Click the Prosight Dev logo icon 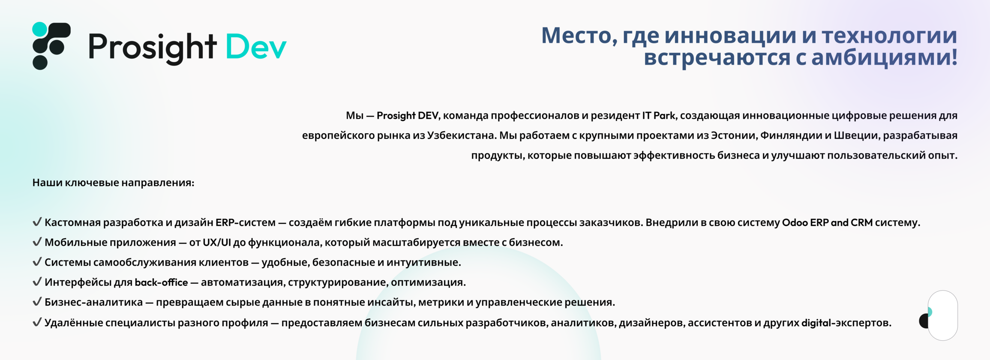[51, 46]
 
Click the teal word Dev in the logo [256, 46]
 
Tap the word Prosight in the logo [152, 48]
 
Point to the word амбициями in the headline [885, 57]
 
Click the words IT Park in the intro [658, 116]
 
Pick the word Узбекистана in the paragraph [462, 135]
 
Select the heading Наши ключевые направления [114, 183]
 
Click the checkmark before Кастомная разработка [37, 222]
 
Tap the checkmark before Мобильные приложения [37, 242]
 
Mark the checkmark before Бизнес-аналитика [37, 301]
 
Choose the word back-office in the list [161, 282]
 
